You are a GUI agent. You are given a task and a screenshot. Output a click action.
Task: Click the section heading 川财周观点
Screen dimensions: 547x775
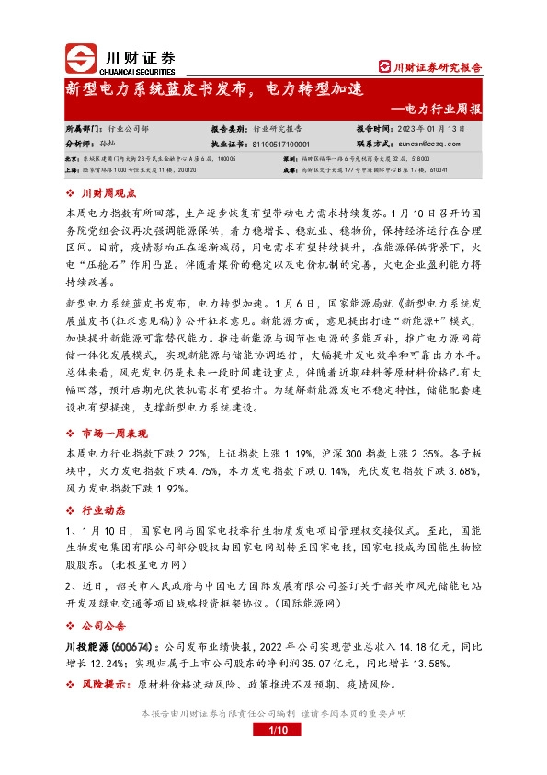click(109, 193)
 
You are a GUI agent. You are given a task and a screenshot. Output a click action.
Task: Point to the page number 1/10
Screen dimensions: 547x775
click(279, 730)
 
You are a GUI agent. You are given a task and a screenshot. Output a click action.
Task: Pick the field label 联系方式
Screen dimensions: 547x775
click(374, 145)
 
